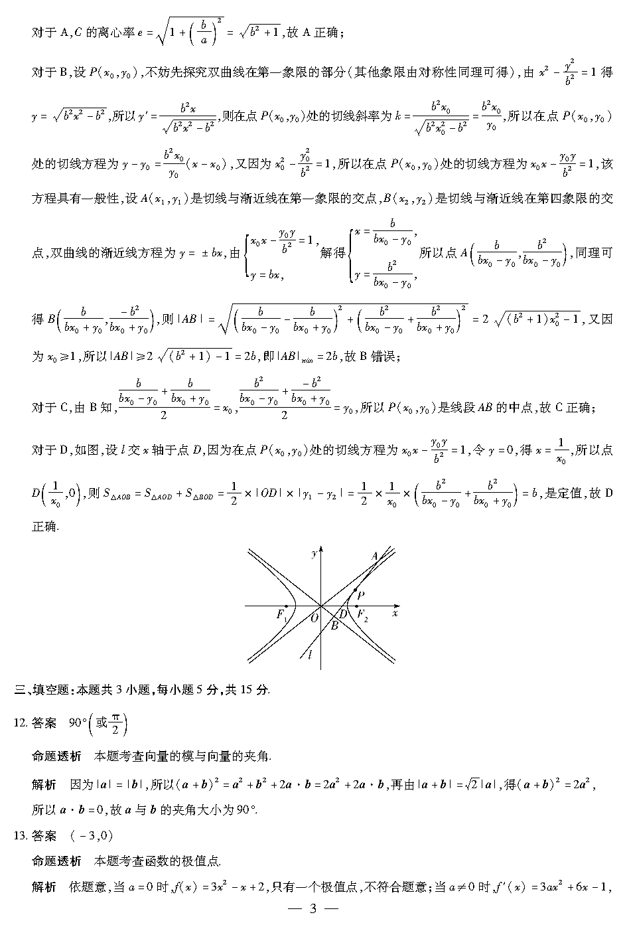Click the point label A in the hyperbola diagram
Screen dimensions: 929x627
click(375, 556)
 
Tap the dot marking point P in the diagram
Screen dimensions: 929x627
click(355, 590)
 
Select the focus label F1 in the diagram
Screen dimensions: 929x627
click(281, 615)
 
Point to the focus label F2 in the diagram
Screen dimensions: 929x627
click(362, 615)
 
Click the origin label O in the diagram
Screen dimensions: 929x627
click(314, 617)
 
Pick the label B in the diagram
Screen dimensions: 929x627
click(334, 626)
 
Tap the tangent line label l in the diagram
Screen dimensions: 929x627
click(310, 655)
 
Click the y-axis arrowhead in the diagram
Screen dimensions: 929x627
click(321, 549)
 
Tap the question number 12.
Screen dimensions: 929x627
click(20, 723)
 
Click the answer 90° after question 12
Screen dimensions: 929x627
click(78, 723)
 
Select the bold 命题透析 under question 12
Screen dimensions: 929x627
click(56, 756)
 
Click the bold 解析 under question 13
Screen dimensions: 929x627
click(44, 887)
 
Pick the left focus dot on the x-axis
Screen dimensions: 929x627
click(286, 606)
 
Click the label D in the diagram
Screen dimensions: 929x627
click(344, 615)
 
